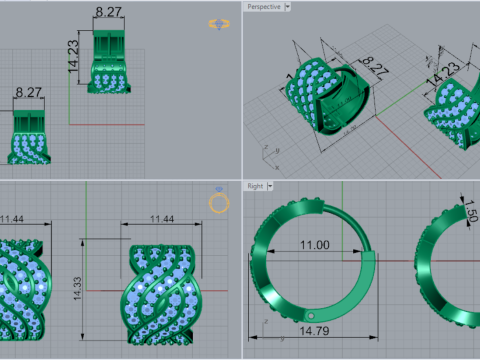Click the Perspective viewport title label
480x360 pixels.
click(262, 6)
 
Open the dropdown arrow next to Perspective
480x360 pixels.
click(288, 6)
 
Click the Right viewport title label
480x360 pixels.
click(255, 186)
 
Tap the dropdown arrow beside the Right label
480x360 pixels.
click(271, 186)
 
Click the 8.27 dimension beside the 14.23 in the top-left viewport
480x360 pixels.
click(110, 11)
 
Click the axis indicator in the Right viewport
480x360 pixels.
click(261, 326)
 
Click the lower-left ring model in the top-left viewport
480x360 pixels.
click(32, 138)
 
